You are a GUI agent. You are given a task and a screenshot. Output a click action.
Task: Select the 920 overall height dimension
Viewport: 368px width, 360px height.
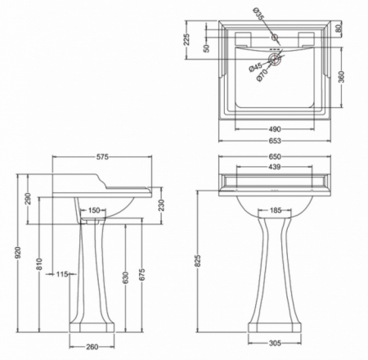click(7, 254)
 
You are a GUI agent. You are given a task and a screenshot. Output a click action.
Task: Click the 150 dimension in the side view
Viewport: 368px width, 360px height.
click(94, 211)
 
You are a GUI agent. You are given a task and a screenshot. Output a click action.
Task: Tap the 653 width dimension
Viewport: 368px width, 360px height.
click(280, 141)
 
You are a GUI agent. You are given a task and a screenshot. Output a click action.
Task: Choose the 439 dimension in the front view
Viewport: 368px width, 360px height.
click(276, 167)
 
